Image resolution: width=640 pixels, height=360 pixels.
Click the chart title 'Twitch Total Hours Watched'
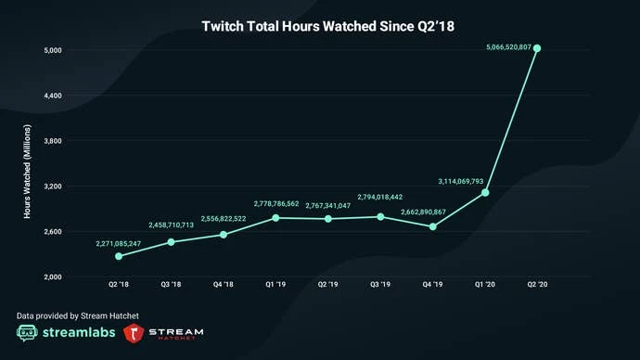click(320, 27)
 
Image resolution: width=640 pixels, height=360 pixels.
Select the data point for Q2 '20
click(537, 48)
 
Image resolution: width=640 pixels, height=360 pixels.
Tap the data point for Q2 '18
click(118, 256)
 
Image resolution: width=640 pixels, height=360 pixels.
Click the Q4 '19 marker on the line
click(432, 226)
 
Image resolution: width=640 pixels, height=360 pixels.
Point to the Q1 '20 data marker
click(485, 192)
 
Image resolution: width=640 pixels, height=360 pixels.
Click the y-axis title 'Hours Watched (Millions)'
click(28, 171)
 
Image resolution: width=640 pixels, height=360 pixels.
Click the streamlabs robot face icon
click(28, 333)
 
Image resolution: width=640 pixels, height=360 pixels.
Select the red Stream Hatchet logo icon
click(137, 333)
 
